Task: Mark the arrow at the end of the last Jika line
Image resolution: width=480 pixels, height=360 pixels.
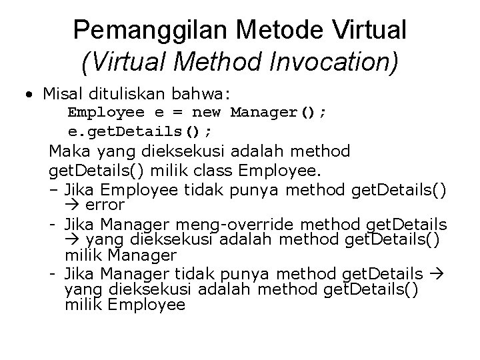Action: [x=437, y=274]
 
